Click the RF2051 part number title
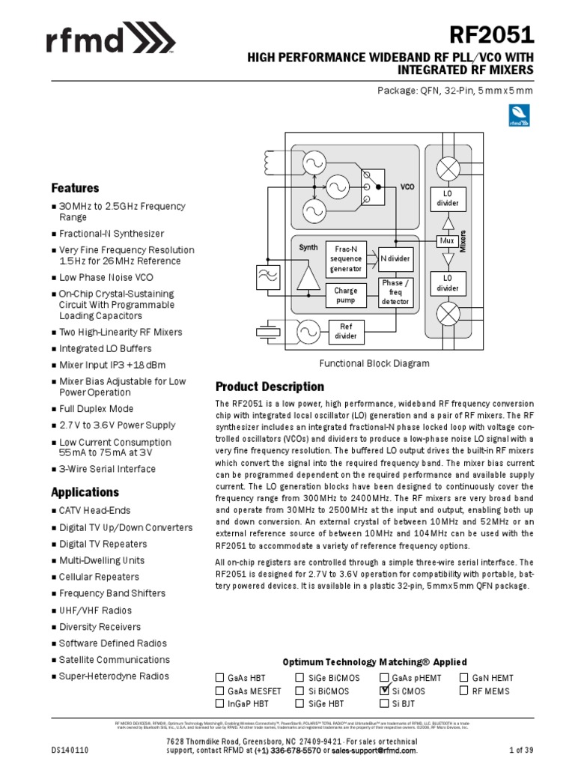(x=491, y=34)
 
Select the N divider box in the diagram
(x=395, y=258)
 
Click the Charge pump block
(x=345, y=295)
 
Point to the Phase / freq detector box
(x=395, y=292)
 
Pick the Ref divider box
(x=346, y=331)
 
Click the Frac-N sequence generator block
(x=345, y=258)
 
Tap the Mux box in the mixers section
(x=447, y=241)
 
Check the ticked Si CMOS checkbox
(x=385, y=691)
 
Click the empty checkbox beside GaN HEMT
(x=464, y=678)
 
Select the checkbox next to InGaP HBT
(x=220, y=703)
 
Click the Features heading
(x=75, y=188)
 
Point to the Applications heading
(x=85, y=492)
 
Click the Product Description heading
(x=270, y=386)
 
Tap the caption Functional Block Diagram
(x=374, y=363)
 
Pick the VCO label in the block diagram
(x=407, y=187)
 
